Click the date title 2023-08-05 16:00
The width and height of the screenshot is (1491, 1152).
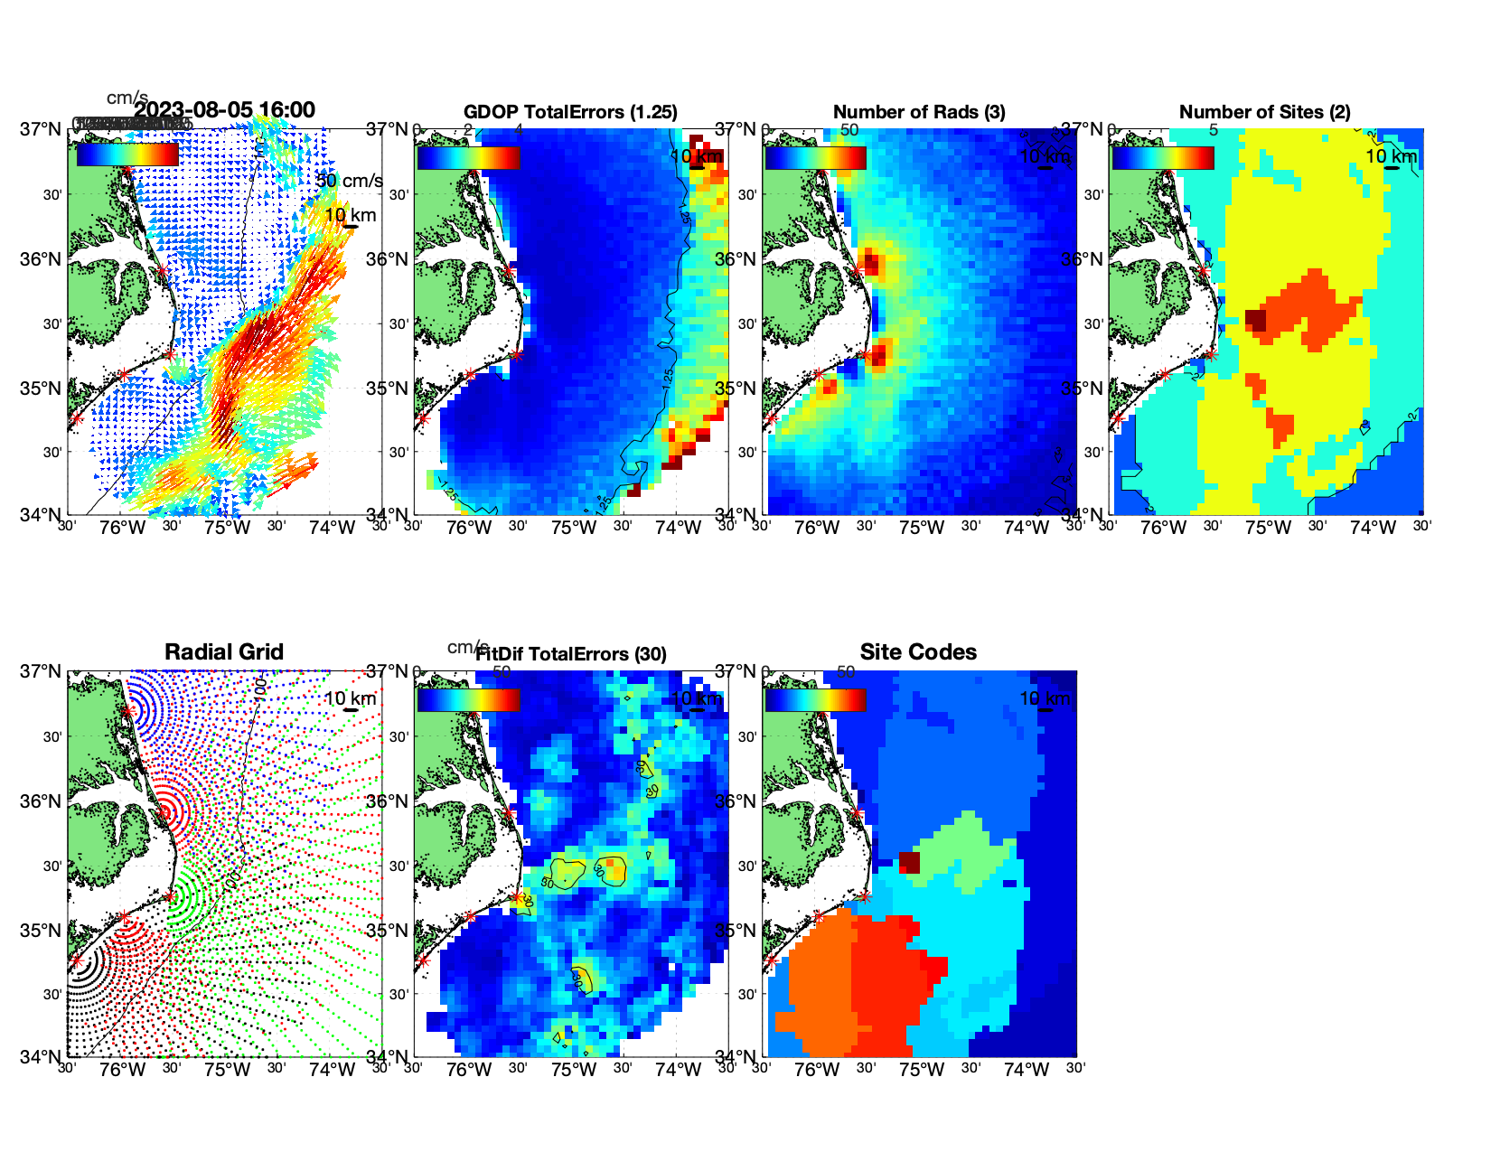click(225, 110)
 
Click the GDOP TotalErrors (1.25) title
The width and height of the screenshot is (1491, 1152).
click(570, 112)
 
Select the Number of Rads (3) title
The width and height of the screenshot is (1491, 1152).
click(919, 112)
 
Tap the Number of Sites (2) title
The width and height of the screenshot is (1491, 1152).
click(1264, 112)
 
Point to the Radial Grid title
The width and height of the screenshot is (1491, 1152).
click(224, 652)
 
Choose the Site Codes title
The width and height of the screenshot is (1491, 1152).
click(918, 652)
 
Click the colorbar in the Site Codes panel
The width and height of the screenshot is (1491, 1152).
click(815, 700)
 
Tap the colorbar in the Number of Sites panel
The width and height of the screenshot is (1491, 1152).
click(1163, 158)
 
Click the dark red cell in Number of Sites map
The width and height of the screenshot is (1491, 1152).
click(1255, 320)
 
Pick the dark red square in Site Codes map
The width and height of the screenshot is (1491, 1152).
click(909, 862)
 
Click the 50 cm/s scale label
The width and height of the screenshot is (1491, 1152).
click(349, 181)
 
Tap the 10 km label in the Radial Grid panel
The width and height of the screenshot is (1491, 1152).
click(350, 698)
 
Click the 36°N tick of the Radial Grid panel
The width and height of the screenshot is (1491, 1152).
click(42, 801)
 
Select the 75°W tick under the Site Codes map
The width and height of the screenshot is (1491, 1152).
click(922, 1070)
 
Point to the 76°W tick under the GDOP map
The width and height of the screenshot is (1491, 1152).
click(469, 528)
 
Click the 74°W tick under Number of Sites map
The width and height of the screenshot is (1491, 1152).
click(1373, 528)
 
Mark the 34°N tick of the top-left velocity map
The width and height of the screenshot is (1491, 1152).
click(42, 515)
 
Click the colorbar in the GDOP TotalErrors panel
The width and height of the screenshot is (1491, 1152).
click(468, 158)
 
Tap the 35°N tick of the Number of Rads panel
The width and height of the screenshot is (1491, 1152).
click(736, 389)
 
